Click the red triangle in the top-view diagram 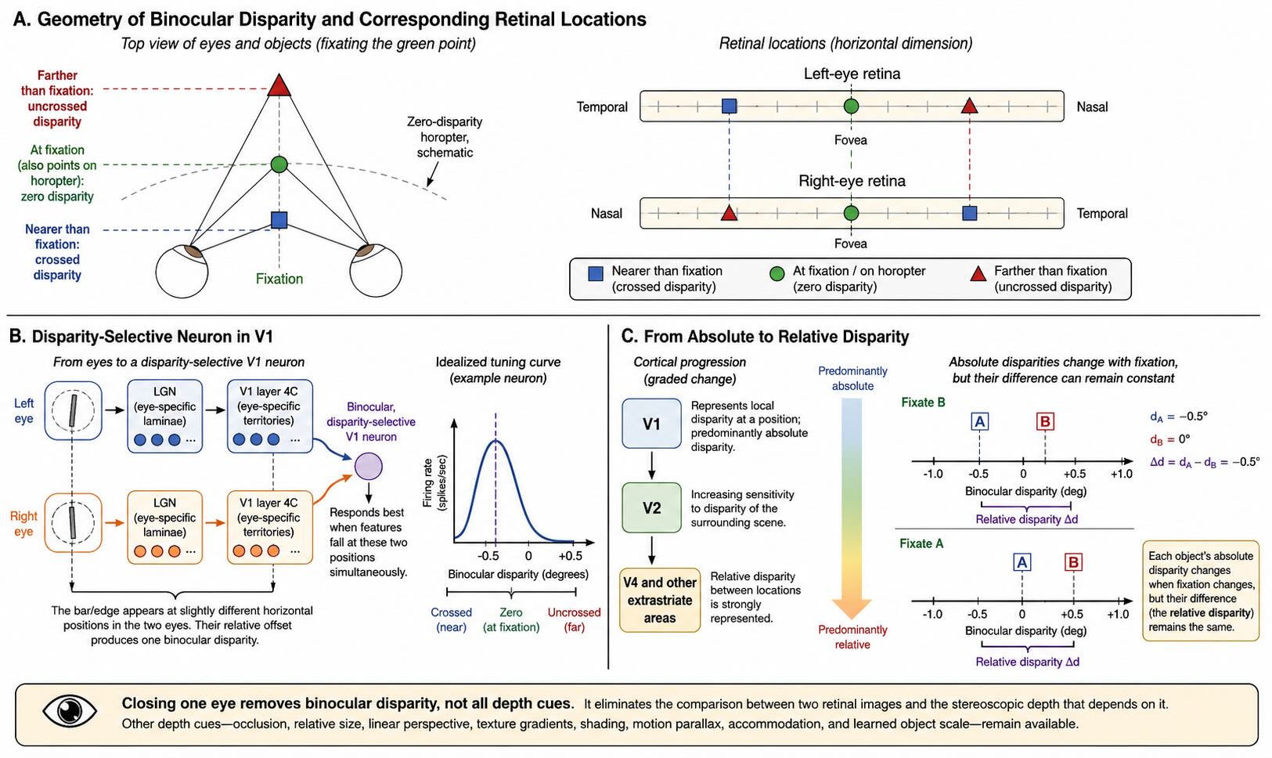coord(279,85)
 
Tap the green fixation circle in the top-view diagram coord(279,164)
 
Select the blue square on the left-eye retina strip coord(729,106)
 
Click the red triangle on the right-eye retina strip coord(729,214)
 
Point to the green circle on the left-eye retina coord(851,106)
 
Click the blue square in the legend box coord(596,274)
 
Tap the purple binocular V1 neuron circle coord(369,467)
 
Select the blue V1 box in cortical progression coord(651,424)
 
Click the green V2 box coord(651,507)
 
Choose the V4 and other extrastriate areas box coord(659,600)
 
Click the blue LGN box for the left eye coord(164,416)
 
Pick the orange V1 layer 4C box coord(270,527)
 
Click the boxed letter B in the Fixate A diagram coord(1073,562)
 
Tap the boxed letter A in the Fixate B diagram coord(979,421)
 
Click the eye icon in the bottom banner coord(70,711)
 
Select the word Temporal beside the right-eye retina coord(1102,214)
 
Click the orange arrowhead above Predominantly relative coord(852,608)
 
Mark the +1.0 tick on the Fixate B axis coord(1122,460)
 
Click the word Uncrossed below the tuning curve coord(574,612)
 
